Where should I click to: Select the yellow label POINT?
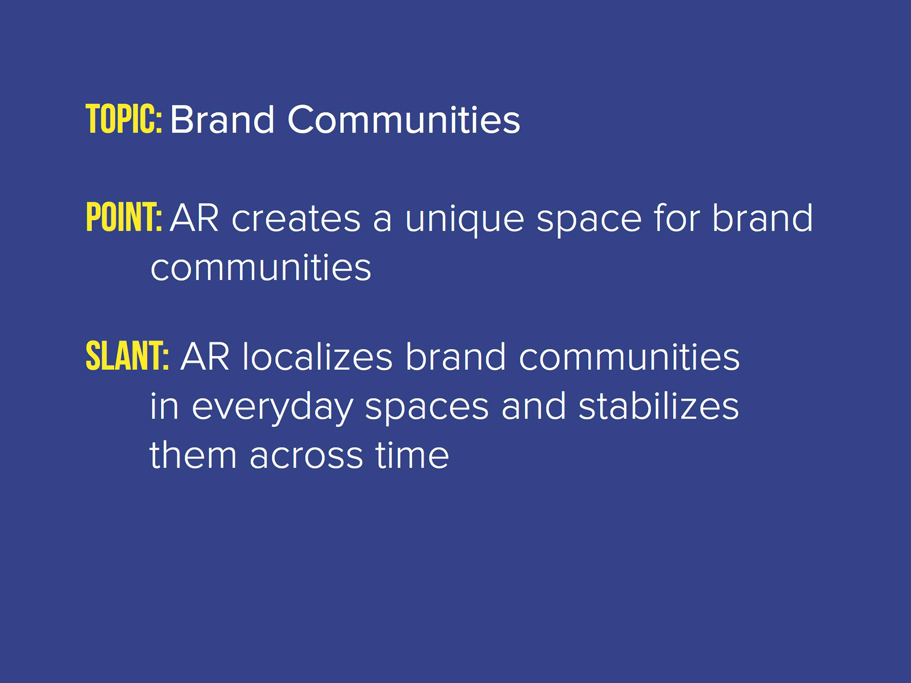[x=124, y=217]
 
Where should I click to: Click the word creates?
[x=296, y=219]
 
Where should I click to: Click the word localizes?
[x=317, y=356]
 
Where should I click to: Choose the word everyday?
[x=272, y=407]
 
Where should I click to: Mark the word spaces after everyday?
[x=427, y=409]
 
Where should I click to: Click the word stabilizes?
[x=659, y=406]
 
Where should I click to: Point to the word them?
[x=193, y=454]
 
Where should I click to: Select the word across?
[x=306, y=457]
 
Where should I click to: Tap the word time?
[x=412, y=454]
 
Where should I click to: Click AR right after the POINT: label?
[x=195, y=218]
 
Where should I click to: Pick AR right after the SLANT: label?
[x=205, y=357]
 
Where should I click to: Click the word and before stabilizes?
[x=534, y=406]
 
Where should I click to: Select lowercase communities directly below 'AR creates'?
[x=260, y=267]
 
